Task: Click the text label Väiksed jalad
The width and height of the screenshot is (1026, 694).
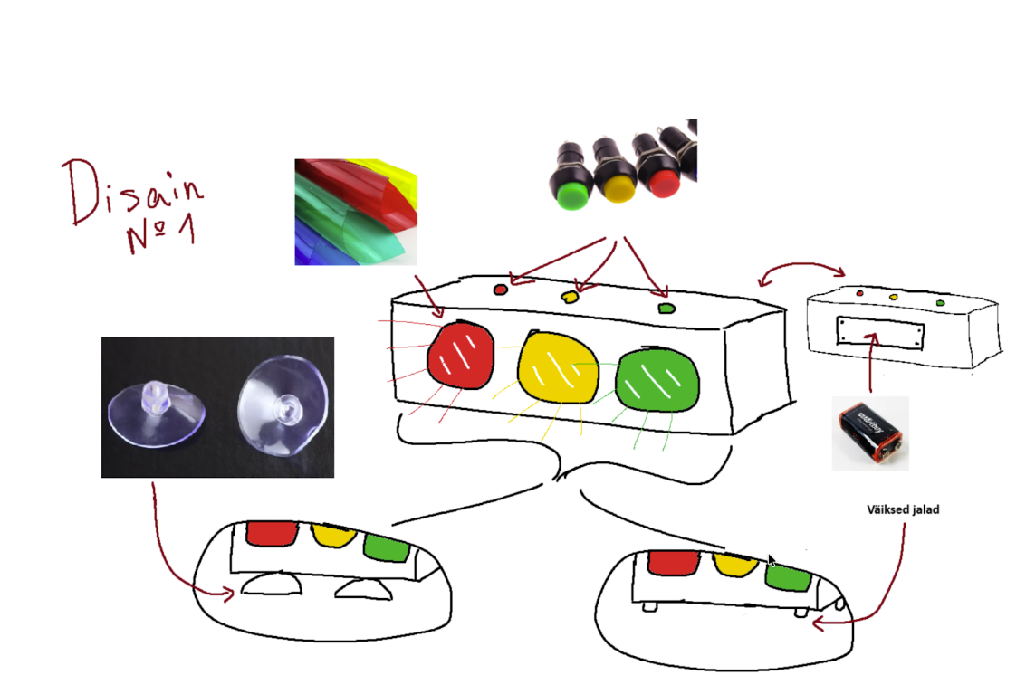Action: coord(903,509)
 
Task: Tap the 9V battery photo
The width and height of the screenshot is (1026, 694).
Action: coord(871,433)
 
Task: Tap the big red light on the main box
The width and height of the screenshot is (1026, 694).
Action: coord(460,356)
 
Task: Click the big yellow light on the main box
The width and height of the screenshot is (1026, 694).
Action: coord(558,368)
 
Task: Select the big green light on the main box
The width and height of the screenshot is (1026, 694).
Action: coord(657,380)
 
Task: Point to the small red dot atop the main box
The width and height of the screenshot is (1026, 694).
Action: coord(501,290)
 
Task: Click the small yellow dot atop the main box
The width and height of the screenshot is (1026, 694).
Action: coord(571,297)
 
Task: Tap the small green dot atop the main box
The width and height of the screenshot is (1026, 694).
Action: coord(666,308)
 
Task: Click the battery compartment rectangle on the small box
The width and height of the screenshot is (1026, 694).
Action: coord(880,333)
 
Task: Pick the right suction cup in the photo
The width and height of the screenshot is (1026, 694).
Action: coord(283,406)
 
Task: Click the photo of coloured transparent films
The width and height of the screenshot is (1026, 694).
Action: coord(356,212)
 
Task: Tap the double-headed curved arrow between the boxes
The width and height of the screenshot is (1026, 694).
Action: coord(801,264)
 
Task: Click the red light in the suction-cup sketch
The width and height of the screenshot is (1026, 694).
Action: coord(273,532)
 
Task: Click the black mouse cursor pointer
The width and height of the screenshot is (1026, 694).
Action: coord(772,561)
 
